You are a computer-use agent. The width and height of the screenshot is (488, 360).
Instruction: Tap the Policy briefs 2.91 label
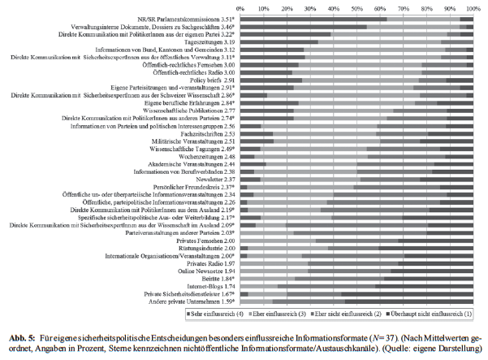click(x=212, y=80)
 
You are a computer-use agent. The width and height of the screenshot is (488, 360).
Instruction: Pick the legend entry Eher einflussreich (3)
click(x=325, y=312)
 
